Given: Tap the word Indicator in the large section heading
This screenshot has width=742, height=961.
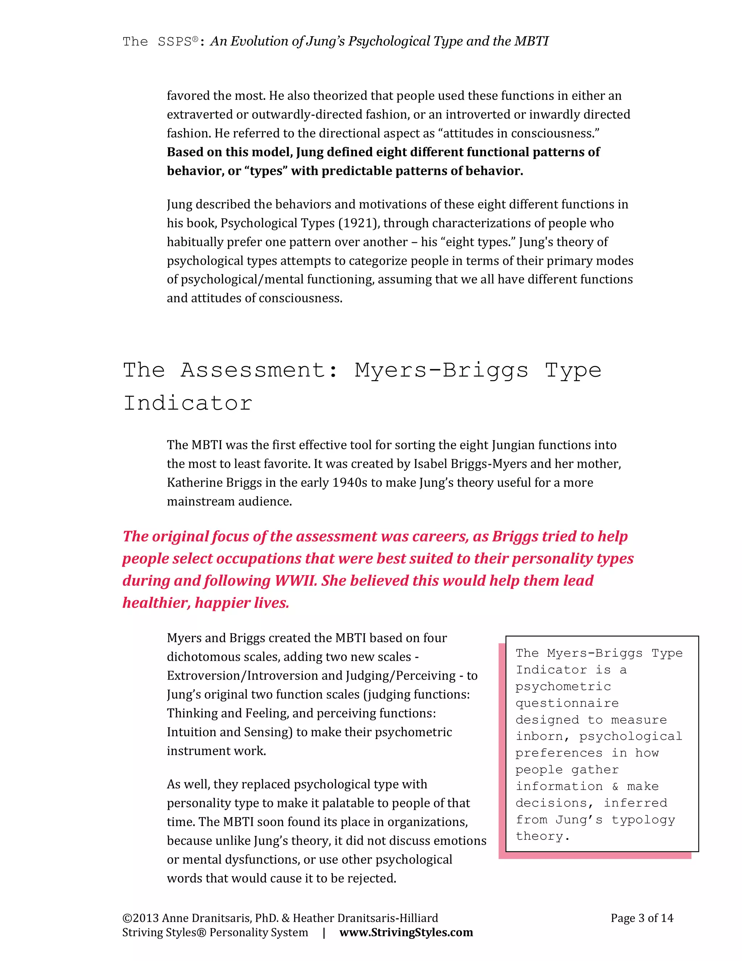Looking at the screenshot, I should click(188, 403).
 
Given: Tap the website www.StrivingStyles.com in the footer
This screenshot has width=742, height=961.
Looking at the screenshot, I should click(406, 932).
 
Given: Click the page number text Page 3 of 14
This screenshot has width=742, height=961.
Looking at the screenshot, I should click(641, 918).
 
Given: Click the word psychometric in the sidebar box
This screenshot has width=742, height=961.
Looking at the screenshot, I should click(563, 686).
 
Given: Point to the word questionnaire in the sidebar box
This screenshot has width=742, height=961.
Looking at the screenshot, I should click(567, 703).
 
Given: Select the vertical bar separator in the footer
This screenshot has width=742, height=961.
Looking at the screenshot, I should click(324, 932).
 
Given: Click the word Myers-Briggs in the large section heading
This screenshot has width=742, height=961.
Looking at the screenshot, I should click(441, 371).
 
